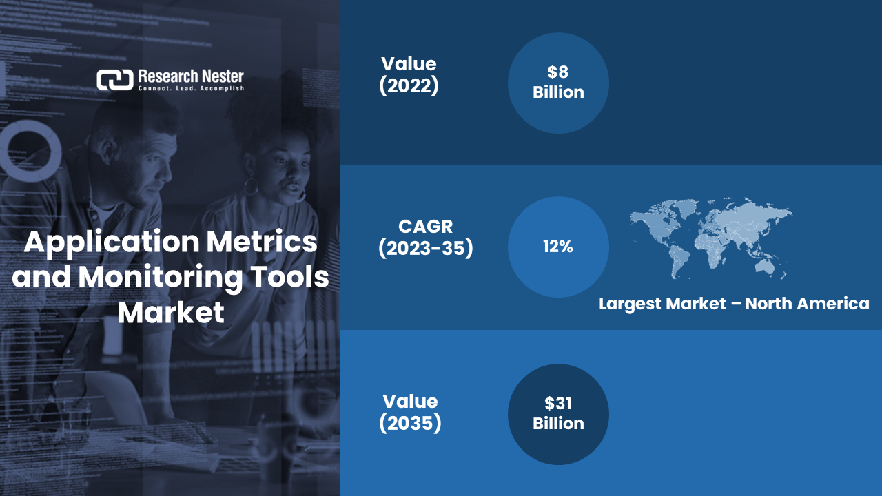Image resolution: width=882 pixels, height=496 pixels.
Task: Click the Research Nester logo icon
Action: click(115, 80)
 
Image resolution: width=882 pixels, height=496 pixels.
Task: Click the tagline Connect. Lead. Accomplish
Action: click(191, 89)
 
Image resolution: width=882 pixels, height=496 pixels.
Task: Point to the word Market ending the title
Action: click(171, 313)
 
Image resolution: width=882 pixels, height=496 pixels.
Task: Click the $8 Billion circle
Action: click(558, 83)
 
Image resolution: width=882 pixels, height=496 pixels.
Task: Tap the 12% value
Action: click(558, 247)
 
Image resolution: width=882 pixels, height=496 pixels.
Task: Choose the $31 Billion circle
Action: click(558, 414)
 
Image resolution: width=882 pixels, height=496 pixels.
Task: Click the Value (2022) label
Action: click(409, 75)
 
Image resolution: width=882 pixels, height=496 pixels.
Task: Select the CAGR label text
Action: click(426, 227)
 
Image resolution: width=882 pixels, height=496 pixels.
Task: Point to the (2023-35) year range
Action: click(426, 249)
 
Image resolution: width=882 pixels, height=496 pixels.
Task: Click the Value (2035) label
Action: click(410, 413)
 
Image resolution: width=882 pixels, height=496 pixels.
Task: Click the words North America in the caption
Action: click(807, 304)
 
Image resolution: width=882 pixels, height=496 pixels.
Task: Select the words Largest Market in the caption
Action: click(662, 304)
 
